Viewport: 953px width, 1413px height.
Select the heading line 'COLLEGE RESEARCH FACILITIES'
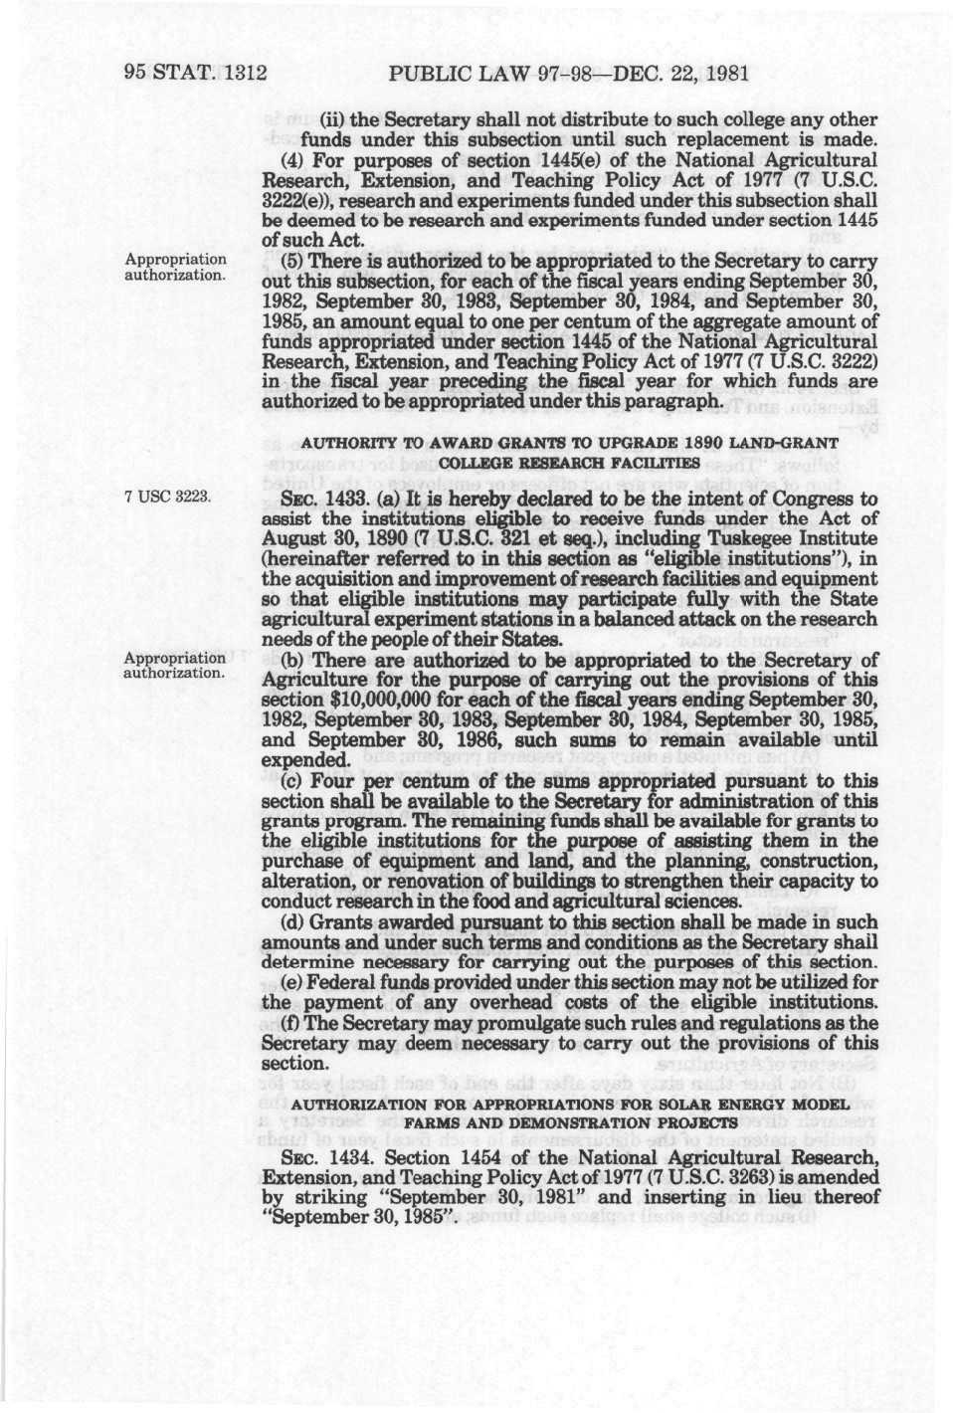point(569,464)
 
